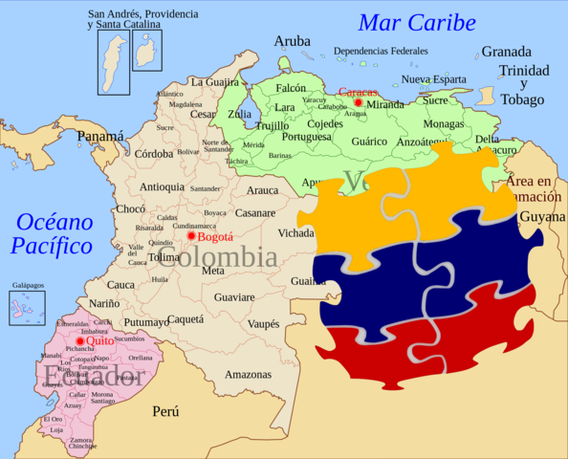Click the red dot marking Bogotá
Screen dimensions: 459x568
191,235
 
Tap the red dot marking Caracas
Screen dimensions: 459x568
359,102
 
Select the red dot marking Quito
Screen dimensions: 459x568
80,340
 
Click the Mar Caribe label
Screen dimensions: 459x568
417,23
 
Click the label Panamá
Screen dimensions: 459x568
100,136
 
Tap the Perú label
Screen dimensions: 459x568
165,411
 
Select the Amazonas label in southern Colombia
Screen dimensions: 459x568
248,375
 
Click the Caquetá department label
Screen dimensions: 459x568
186,319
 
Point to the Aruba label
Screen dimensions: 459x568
292,41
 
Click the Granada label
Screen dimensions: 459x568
506,52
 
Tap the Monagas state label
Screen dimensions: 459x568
443,123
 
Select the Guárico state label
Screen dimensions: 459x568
369,141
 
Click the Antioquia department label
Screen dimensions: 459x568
162,186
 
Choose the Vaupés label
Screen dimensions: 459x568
263,324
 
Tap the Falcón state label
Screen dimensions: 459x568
291,87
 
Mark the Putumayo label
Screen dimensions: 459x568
145,322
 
